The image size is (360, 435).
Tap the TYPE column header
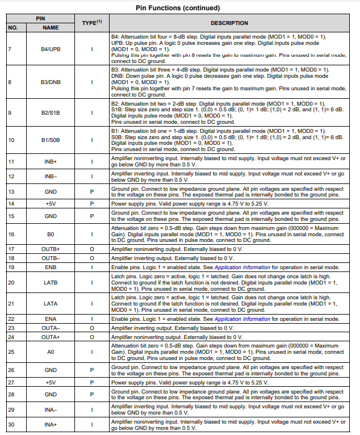[91, 23]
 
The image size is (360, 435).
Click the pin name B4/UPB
[51, 49]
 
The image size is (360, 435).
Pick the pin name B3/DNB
[51, 82]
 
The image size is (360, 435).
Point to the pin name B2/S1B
[51, 112]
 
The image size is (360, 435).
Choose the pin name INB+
[51, 161]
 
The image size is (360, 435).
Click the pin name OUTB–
[51, 258]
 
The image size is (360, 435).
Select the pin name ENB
[51, 267]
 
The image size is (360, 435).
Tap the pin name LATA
[51, 303]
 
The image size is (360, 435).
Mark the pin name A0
[51, 352]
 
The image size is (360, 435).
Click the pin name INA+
[51, 425]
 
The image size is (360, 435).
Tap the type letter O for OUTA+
[91, 337]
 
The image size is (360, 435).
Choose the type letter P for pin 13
[91, 191]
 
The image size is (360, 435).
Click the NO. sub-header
[13, 27]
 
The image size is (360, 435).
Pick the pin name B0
[51, 233]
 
